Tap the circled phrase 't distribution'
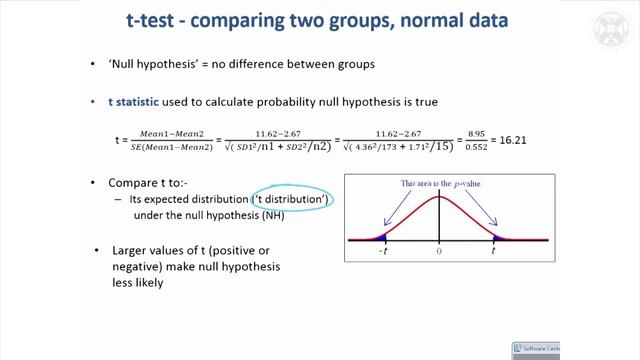tap(292, 200)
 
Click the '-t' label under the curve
tap(383, 254)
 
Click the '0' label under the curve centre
tap(440, 254)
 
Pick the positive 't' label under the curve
tap(493, 254)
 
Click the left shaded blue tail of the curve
tap(381, 236)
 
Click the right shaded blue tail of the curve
tap(498, 236)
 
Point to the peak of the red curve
tap(440, 195)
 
